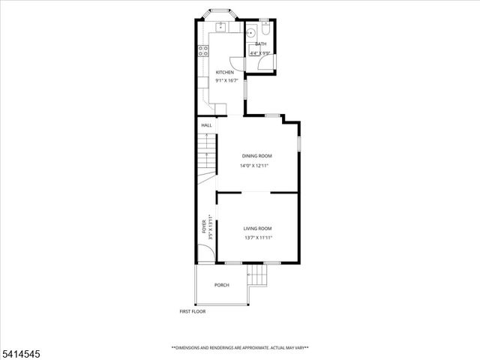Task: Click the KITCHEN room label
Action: click(225, 72)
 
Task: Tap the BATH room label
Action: click(260, 44)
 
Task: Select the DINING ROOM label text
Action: click(256, 156)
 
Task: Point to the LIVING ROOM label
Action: click(257, 229)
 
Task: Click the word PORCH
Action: click(221, 285)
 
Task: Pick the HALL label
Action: click(206, 125)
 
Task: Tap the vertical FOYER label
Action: click(204, 228)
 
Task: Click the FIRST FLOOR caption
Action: click(192, 311)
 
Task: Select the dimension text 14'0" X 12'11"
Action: click(254, 166)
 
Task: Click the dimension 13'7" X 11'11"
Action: click(258, 238)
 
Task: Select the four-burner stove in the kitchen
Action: click(203, 51)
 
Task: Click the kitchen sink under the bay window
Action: click(222, 28)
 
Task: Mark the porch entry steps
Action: click(257, 277)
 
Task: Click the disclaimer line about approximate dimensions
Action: click(240, 347)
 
